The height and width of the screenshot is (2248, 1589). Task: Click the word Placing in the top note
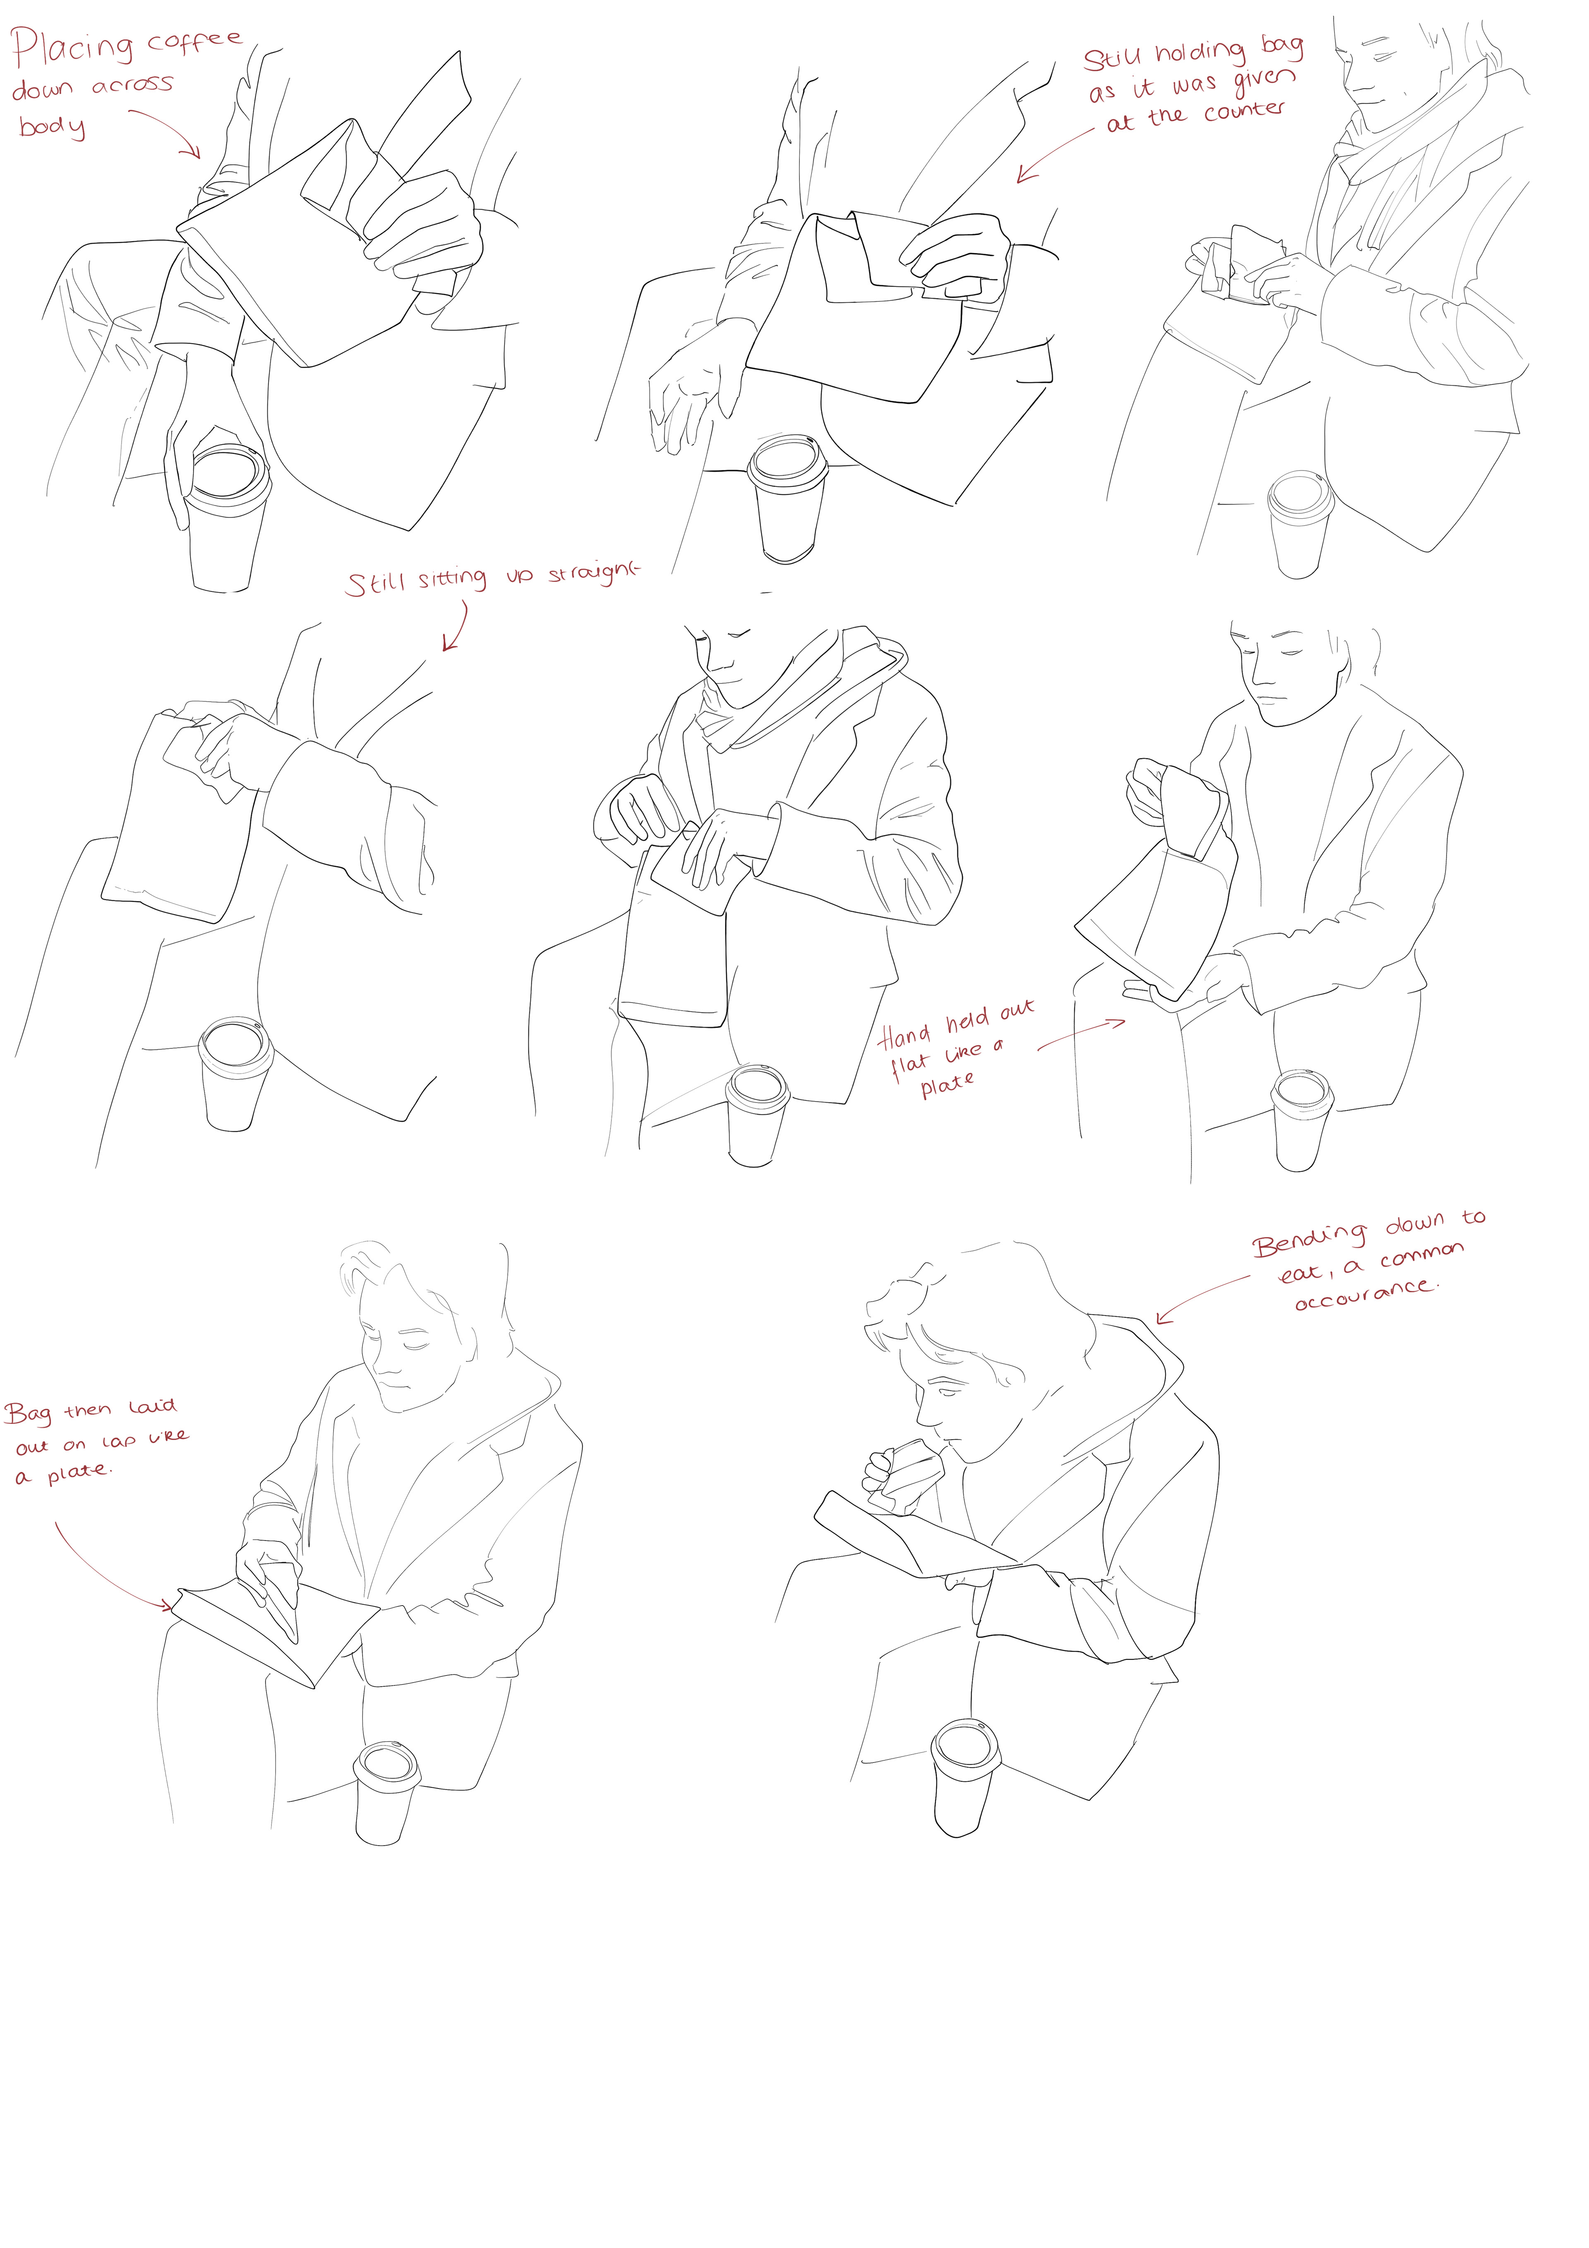[x=72, y=49]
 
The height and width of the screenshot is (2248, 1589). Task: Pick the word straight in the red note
[x=592, y=573]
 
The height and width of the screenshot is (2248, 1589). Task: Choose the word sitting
[x=452, y=579]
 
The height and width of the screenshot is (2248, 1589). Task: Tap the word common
[x=1423, y=1255]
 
